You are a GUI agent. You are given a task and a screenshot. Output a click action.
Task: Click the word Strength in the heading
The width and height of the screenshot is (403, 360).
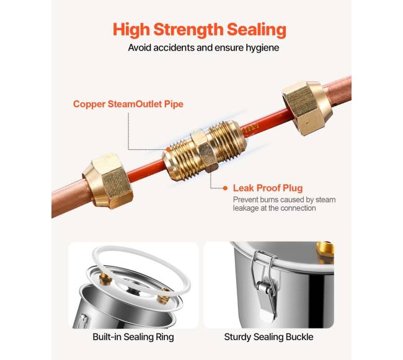[x=188, y=30]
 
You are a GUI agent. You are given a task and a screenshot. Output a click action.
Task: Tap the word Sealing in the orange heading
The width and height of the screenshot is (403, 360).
[x=256, y=30]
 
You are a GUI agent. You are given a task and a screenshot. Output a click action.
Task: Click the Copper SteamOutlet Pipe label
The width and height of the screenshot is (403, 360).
[x=128, y=104]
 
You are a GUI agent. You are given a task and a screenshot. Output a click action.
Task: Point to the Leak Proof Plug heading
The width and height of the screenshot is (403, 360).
[x=268, y=188]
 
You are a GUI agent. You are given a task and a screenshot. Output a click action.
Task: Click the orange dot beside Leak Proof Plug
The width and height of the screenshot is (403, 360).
[x=226, y=188]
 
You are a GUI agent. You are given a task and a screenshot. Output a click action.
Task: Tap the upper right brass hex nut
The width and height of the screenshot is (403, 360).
[x=307, y=108]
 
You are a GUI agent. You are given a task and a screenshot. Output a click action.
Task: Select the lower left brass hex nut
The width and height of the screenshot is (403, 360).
[x=108, y=181]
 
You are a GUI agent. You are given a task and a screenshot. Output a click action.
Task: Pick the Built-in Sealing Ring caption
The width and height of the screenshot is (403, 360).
[x=133, y=337]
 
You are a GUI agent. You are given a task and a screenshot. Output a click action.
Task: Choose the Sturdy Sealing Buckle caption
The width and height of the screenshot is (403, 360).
[x=268, y=337]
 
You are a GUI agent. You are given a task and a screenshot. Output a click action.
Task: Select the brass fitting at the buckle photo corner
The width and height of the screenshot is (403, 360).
[x=325, y=252]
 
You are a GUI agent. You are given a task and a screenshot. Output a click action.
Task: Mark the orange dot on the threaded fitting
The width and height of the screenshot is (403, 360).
[x=168, y=149]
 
